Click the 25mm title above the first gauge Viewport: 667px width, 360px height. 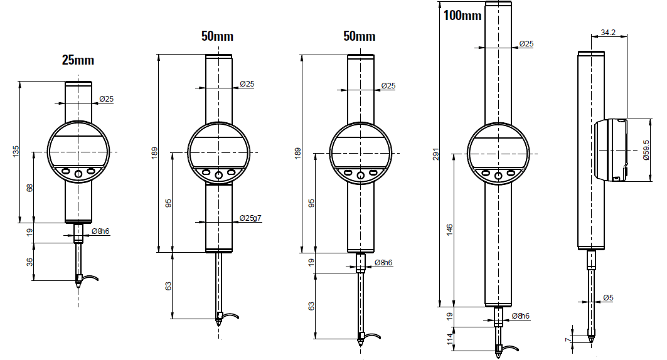click(x=78, y=60)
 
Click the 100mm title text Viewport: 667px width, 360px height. click(x=462, y=16)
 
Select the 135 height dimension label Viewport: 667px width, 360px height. click(x=16, y=151)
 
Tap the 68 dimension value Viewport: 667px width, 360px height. click(x=29, y=188)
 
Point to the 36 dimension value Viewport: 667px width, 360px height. click(x=29, y=262)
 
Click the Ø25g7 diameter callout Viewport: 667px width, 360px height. click(x=250, y=218)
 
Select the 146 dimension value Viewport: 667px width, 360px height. click(x=450, y=230)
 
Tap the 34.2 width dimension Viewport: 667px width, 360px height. click(x=608, y=33)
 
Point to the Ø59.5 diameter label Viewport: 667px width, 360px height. click(x=646, y=150)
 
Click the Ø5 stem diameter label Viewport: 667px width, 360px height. click(x=608, y=298)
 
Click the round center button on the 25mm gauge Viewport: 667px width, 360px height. click(x=78, y=174)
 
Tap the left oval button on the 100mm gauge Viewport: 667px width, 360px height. click(x=486, y=172)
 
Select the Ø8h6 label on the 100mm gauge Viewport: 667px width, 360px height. click(x=521, y=316)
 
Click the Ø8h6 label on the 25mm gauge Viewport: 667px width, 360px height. click(x=100, y=231)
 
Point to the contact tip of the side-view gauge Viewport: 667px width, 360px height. click(x=591, y=341)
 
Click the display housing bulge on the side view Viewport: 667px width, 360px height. click(x=611, y=150)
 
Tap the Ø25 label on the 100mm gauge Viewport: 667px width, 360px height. click(x=526, y=44)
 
